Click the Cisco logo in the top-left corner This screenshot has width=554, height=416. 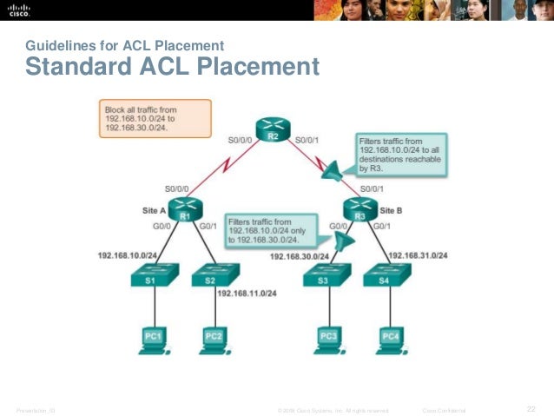pos(18,10)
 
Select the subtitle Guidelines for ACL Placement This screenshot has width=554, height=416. pos(125,45)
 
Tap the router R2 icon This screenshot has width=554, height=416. pos(272,132)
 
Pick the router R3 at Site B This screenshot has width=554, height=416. pos(359,210)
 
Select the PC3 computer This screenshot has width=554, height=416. pos(329,339)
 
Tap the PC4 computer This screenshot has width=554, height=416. pos(390,339)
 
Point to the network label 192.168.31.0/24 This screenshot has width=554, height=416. pos(418,255)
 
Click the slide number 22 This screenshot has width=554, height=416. pos(533,408)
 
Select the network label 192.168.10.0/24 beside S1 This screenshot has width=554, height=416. pos(127,255)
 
